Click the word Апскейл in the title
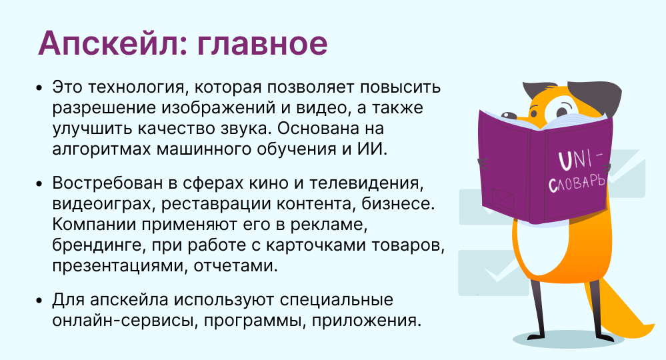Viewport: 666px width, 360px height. tap(104, 44)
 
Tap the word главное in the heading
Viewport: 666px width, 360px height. tap(254, 44)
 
